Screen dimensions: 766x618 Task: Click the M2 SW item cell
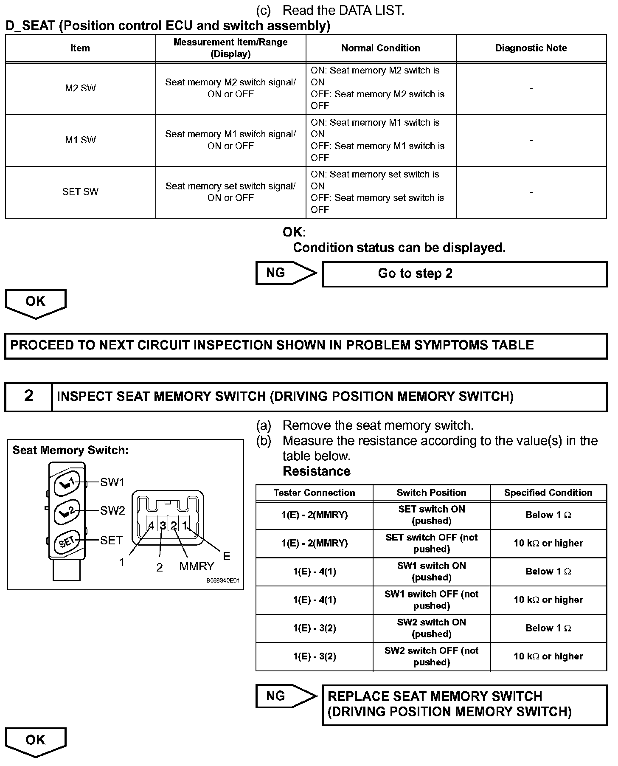point(80,88)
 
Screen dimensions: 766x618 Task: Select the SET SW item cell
point(80,191)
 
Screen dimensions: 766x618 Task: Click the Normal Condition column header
point(381,48)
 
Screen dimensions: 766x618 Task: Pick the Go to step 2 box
point(464,274)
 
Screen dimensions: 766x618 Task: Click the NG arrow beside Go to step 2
point(285,273)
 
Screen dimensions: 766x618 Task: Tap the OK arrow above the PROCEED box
point(36,302)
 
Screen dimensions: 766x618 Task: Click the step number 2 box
point(28,396)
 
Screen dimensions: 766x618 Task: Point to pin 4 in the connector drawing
point(152,526)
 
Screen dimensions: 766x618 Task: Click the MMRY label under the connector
point(197,566)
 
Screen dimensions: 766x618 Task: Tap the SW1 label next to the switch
point(112,482)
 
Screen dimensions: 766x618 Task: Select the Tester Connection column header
point(314,493)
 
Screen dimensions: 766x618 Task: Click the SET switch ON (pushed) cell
point(431,515)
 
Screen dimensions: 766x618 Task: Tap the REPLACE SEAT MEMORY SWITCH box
point(464,704)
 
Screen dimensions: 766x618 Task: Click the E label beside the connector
point(226,556)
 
